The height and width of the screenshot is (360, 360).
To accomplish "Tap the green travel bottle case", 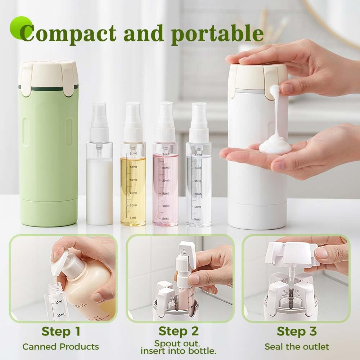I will (49, 151).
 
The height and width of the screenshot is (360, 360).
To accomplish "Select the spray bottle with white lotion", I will (99, 180).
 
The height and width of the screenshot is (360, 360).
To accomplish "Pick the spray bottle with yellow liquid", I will (133, 180).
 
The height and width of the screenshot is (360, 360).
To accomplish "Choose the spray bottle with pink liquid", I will (165, 180).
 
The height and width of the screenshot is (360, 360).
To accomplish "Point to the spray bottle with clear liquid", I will (198, 180).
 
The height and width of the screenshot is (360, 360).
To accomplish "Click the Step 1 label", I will (60, 331).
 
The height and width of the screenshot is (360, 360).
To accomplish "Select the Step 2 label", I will (179, 331).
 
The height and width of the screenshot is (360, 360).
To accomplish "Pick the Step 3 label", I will (296, 331).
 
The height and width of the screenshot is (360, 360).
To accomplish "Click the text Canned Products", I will (60, 347).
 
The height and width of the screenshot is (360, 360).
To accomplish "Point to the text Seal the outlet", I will (297, 347).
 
